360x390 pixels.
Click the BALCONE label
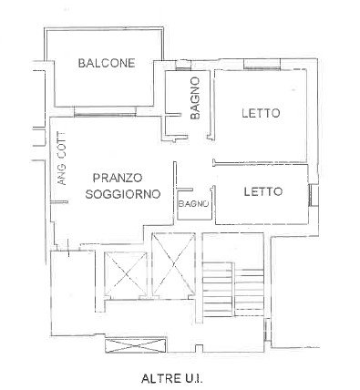[107, 63]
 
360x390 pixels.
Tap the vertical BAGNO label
[195, 98]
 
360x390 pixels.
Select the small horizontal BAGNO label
[193, 204]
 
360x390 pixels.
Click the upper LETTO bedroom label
[261, 113]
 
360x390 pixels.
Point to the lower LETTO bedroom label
[263, 191]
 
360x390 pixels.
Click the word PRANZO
[118, 178]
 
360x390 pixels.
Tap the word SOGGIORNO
[123, 194]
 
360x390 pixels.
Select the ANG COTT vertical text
[62, 159]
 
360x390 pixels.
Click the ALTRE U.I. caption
[172, 378]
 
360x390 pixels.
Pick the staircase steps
[233, 289]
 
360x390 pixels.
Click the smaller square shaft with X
[126, 274]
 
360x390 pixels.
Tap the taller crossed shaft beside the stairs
[173, 264]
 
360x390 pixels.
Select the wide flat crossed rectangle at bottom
[136, 345]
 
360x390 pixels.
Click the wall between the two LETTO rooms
[261, 164]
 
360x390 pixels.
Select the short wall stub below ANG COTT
[59, 202]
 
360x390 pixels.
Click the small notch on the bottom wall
[199, 349]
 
